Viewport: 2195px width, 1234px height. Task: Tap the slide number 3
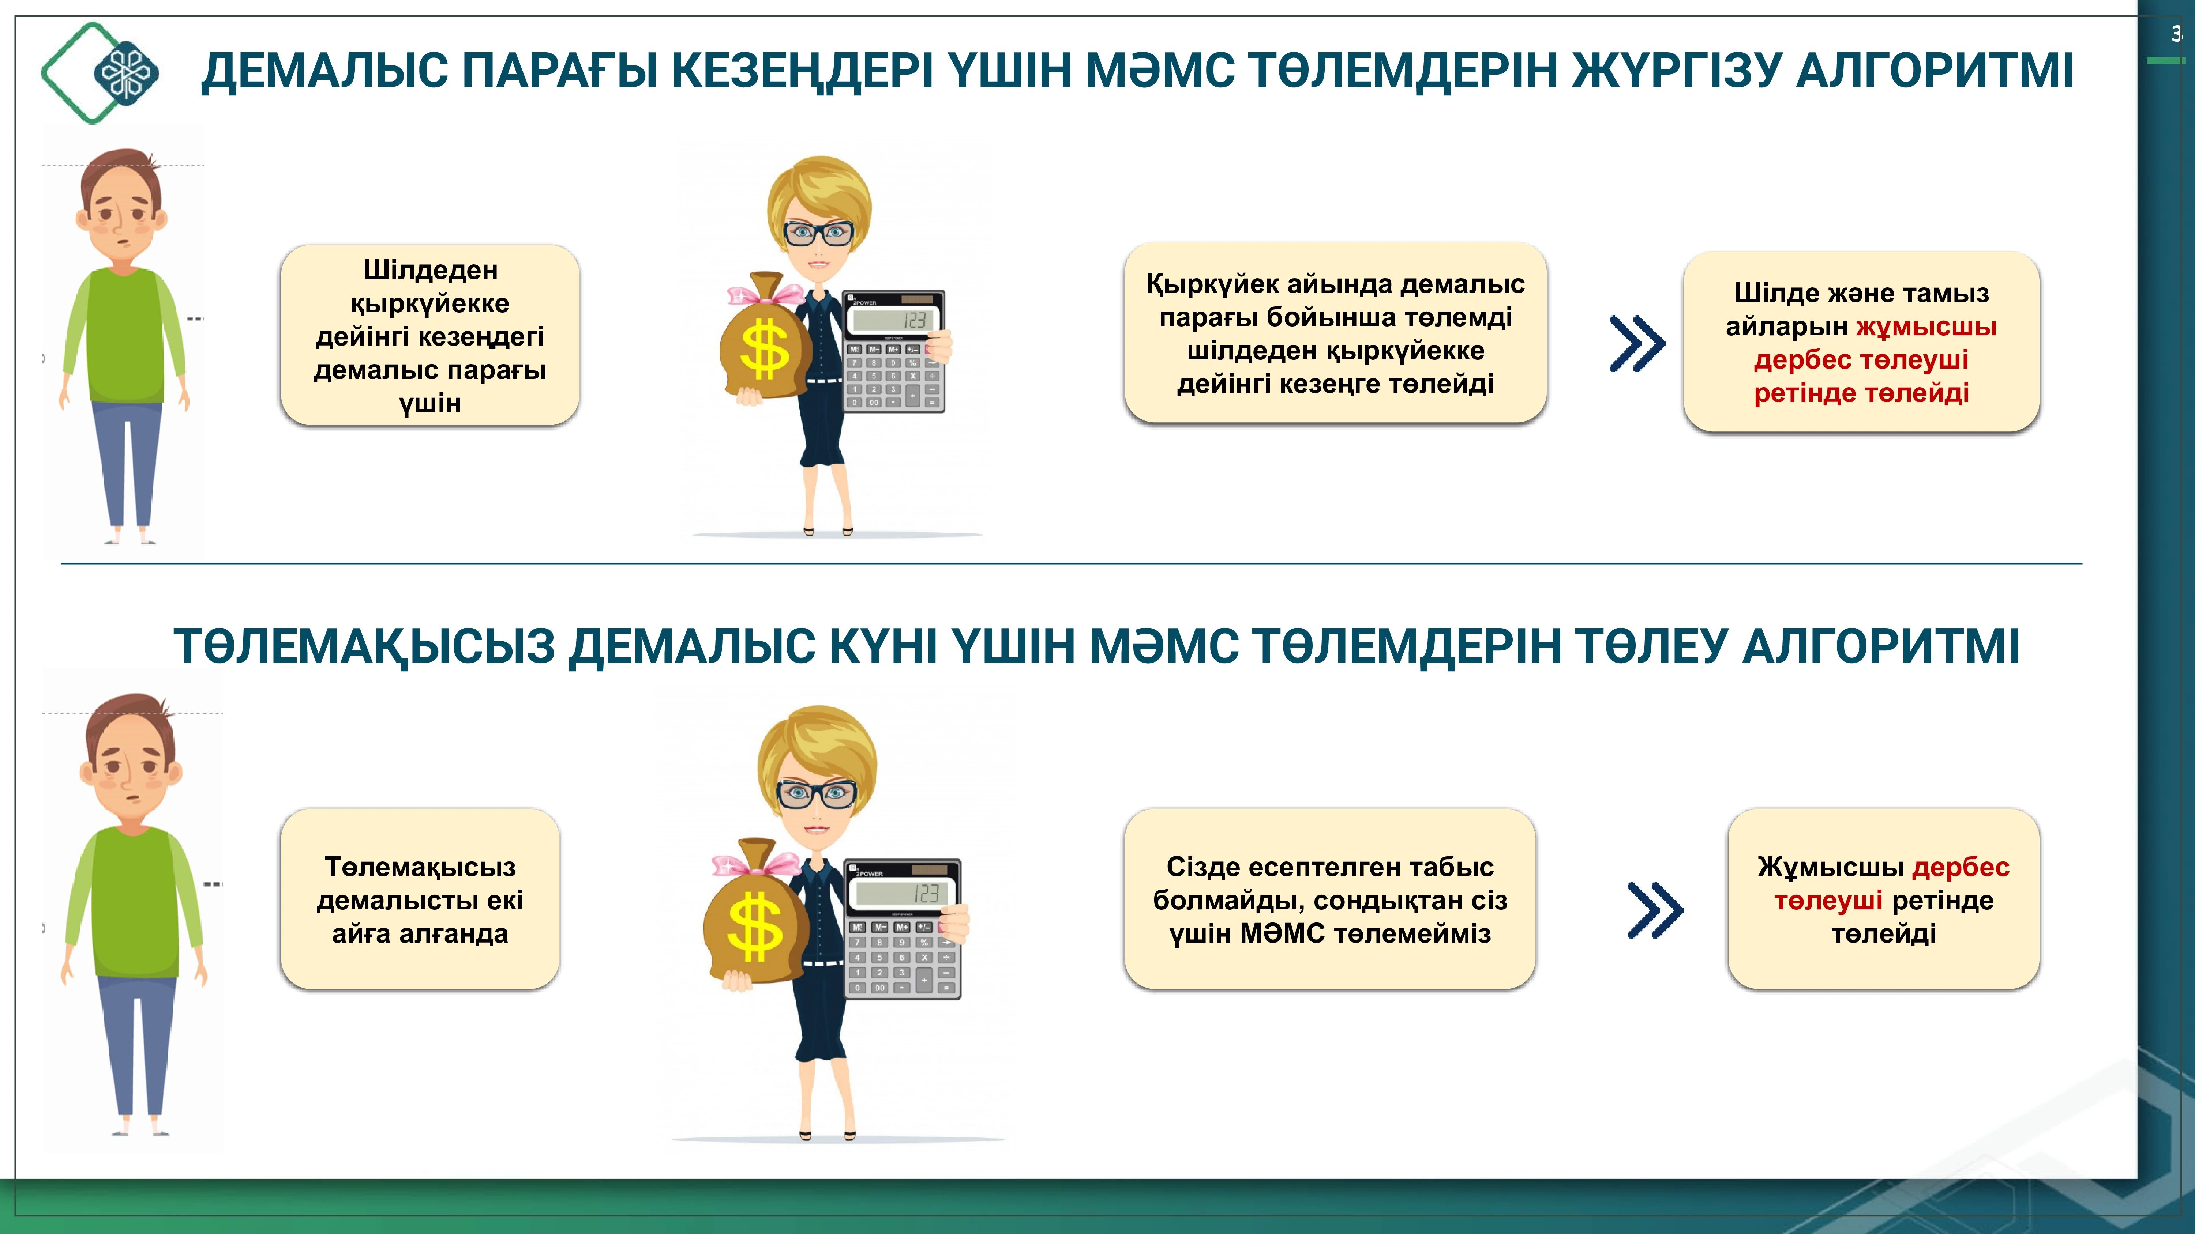[x=2175, y=34]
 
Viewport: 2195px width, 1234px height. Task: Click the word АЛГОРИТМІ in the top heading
[x=1934, y=71]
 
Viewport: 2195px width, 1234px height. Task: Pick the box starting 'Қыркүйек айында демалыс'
[x=1335, y=333]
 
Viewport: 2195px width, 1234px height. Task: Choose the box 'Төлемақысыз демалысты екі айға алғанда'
[x=420, y=899]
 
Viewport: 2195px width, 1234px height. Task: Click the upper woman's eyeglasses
[x=818, y=232]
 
